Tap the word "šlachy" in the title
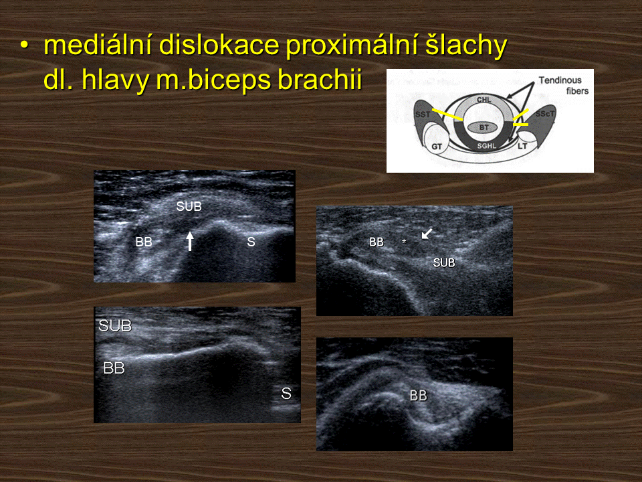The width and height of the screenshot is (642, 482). [466, 45]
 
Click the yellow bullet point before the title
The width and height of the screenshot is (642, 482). [25, 46]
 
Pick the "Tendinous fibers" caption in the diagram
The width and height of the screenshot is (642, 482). [563, 85]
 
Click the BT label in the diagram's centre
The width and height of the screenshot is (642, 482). [484, 127]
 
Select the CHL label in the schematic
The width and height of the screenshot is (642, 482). [484, 100]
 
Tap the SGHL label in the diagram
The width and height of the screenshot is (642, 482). [486, 146]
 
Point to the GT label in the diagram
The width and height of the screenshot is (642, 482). [437, 147]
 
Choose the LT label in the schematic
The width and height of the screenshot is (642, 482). [522, 146]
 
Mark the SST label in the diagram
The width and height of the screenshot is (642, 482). [423, 114]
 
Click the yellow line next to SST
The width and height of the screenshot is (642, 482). [448, 114]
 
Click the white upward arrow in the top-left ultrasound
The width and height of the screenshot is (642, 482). [189, 240]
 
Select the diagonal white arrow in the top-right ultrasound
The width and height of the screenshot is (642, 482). [427, 234]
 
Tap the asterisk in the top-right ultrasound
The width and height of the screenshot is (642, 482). [404, 242]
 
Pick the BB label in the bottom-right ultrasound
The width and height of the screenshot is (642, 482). [418, 396]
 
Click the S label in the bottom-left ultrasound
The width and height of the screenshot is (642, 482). [286, 394]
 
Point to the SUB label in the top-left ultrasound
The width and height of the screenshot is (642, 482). [189, 206]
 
